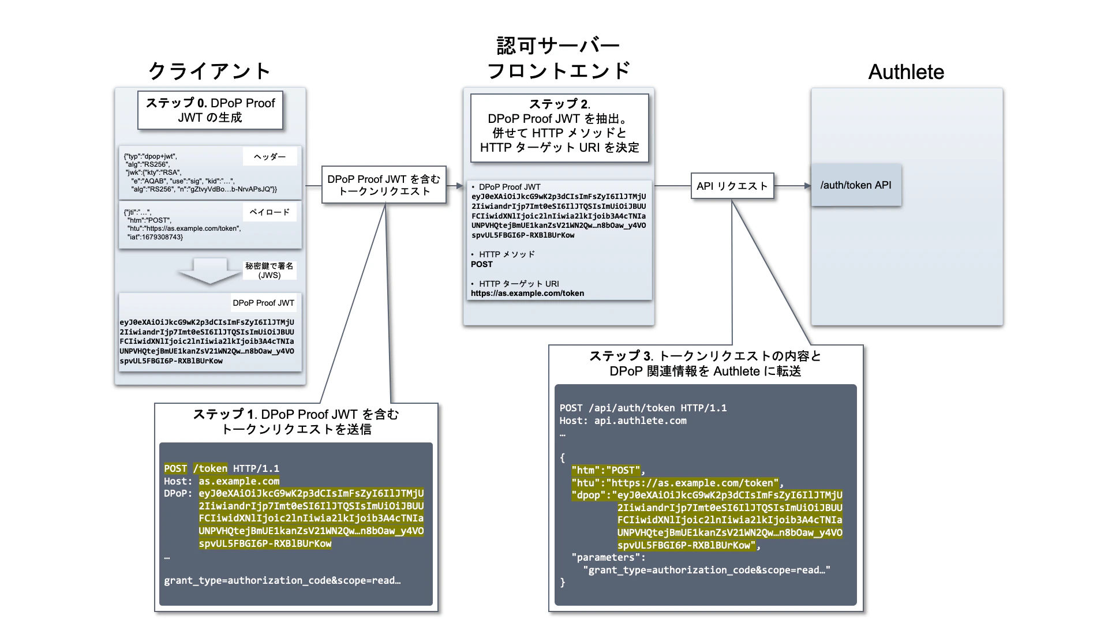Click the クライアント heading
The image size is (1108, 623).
tap(209, 72)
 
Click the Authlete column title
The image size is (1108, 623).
tap(906, 72)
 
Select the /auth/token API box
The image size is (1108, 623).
tap(856, 185)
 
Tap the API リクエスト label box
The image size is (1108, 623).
tap(732, 186)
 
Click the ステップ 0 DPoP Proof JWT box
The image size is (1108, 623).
tap(210, 110)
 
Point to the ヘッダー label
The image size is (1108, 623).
tap(269, 156)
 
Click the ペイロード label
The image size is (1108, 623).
tap(269, 212)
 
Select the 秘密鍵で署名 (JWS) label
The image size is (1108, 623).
tap(269, 271)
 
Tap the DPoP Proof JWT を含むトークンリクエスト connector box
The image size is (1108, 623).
tap(384, 185)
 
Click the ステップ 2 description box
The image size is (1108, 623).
tap(559, 126)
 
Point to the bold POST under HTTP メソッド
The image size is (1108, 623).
tap(482, 264)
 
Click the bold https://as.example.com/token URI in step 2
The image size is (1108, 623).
tap(527, 293)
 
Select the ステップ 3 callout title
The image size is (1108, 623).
tap(705, 363)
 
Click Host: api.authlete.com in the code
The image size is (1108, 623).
tap(623, 421)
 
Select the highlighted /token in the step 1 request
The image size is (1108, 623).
tap(210, 468)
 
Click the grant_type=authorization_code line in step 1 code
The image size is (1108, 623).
tap(282, 580)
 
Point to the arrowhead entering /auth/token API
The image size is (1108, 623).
tap(807, 186)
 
